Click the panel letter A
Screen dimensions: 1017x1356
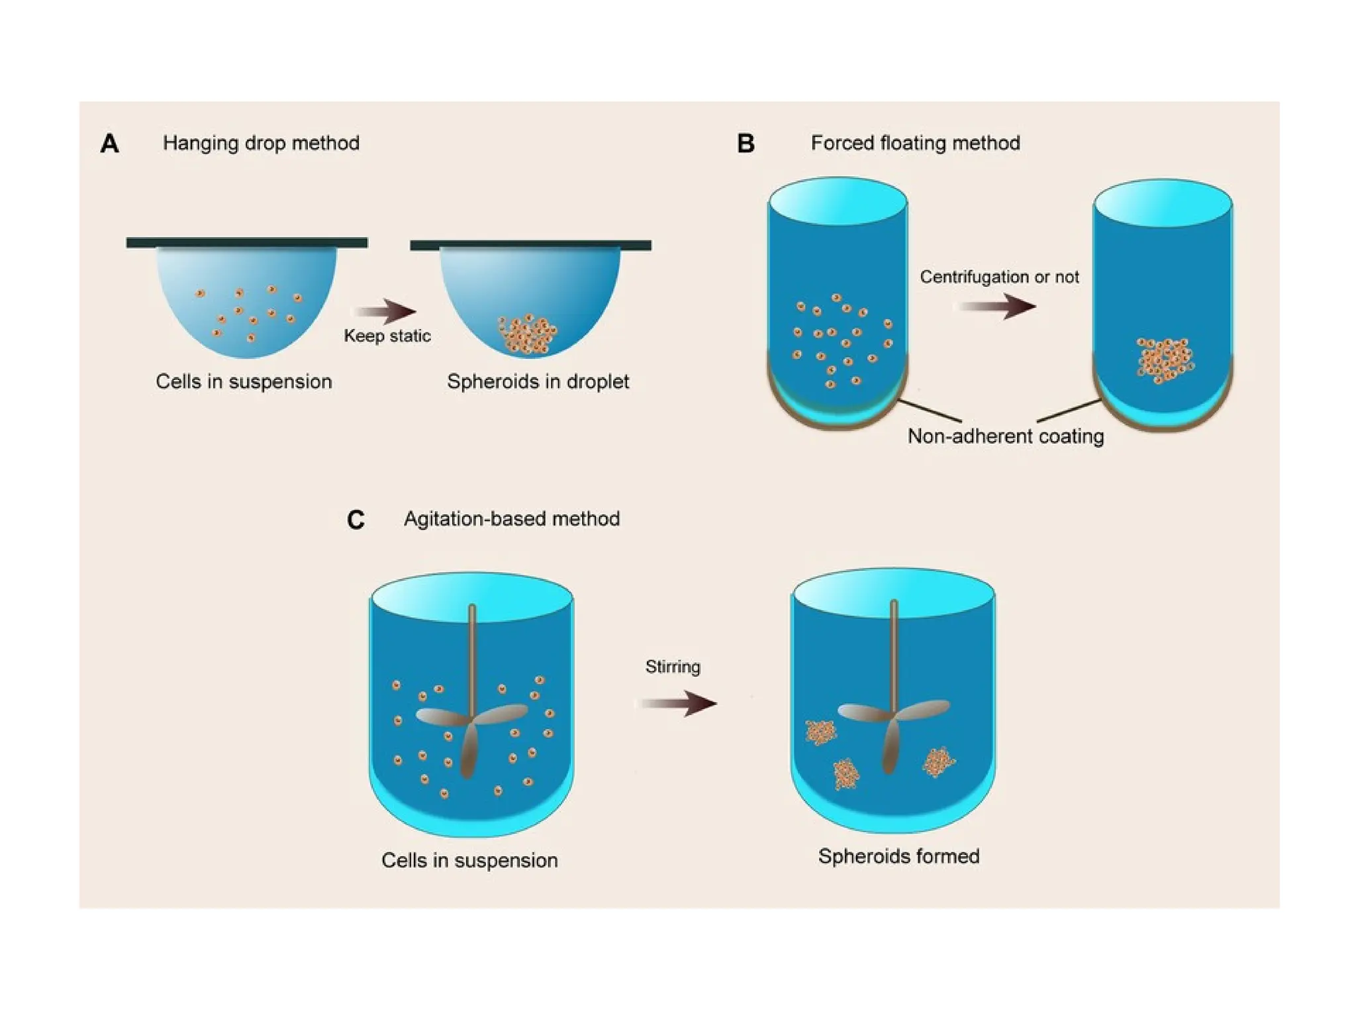[110, 143]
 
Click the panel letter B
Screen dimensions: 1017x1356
[746, 143]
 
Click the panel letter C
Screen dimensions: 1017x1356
[356, 520]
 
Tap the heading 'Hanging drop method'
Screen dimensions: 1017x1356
[261, 143]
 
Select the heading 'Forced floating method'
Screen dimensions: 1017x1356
[915, 143]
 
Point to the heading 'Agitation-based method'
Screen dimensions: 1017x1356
[511, 518]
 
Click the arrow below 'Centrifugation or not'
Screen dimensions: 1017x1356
[998, 306]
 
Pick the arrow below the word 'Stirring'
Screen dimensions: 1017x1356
[679, 703]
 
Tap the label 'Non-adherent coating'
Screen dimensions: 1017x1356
[1005, 436]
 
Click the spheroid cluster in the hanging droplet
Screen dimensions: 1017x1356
[528, 334]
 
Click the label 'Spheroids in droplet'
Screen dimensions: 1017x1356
[538, 382]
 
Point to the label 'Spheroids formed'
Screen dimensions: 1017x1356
[898, 856]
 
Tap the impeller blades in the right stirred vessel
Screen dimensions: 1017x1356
[893, 722]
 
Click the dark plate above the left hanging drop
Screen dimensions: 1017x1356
[246, 243]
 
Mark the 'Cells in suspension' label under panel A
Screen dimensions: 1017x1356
[244, 382]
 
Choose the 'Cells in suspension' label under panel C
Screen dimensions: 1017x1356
[469, 860]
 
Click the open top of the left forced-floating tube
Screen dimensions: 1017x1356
[838, 201]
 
